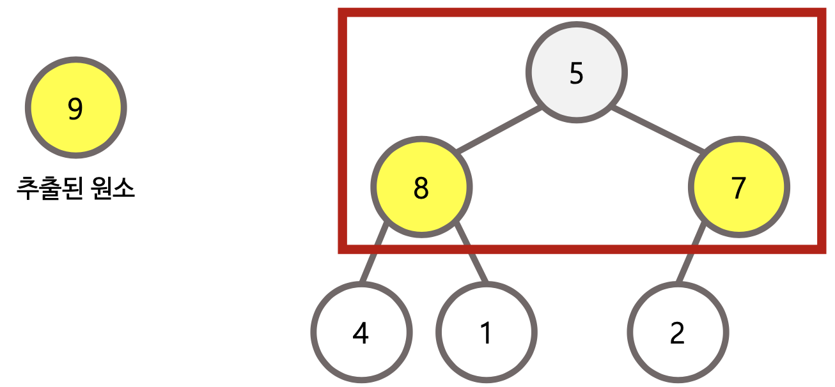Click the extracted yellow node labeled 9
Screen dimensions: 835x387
coord(75,107)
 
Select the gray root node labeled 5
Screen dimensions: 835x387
coord(576,72)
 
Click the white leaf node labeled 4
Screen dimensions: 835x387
coord(361,332)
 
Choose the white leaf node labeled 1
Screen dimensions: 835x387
coord(486,332)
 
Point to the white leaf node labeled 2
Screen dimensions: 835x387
coord(677,332)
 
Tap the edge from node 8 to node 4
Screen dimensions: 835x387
coord(373,253)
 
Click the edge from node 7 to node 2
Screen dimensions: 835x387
coord(691,253)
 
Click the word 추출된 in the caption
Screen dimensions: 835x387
coord(47,190)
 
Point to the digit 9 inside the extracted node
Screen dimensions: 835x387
coord(75,109)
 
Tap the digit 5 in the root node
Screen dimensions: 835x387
coord(576,74)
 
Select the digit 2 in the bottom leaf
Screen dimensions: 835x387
coord(677,333)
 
